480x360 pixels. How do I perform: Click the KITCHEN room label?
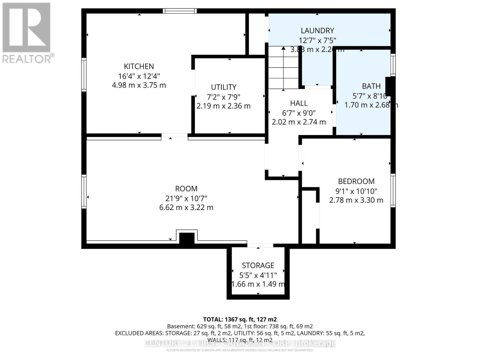139,66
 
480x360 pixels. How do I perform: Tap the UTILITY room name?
223,87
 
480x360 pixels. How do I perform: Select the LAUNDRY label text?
317,31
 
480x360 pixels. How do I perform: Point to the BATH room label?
371,86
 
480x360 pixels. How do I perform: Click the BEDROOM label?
356,181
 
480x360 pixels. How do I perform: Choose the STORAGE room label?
258,265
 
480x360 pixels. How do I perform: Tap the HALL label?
299,103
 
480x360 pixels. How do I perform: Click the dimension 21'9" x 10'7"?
186,198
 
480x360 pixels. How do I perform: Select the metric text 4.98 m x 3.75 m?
139,85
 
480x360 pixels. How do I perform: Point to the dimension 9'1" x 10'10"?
356,191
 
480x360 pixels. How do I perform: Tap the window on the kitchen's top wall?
180,11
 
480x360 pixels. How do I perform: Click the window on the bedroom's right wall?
393,190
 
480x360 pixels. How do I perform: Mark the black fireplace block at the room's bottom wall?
187,238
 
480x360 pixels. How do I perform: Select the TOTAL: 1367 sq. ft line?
240,319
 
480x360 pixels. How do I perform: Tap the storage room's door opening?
260,246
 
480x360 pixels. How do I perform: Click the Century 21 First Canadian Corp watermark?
240,343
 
